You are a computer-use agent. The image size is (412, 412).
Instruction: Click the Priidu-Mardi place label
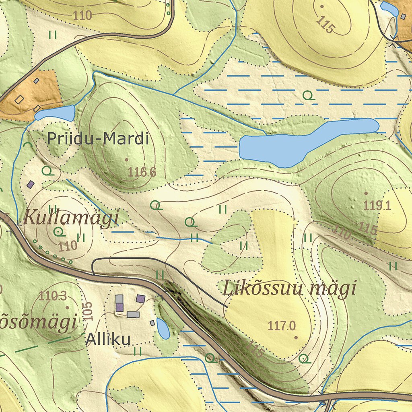pyautogui.click(x=98, y=139)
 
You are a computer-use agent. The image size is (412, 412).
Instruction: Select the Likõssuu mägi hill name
pyautogui.click(x=290, y=288)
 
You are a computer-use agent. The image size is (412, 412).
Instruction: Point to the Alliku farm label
pyautogui.click(x=108, y=340)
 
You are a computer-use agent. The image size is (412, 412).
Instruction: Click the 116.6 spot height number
pyautogui.click(x=142, y=172)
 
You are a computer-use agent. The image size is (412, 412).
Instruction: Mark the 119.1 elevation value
pyautogui.click(x=377, y=206)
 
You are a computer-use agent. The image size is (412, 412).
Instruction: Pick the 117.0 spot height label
pyautogui.click(x=282, y=325)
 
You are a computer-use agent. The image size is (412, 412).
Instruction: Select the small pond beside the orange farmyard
pyautogui.click(x=55, y=113)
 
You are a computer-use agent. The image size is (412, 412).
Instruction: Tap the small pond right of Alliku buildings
pyautogui.click(x=163, y=328)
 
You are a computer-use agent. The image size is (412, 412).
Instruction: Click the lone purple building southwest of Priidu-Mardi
pyautogui.click(x=31, y=184)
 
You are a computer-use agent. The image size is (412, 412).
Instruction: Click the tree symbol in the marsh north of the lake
pyautogui.click(x=308, y=95)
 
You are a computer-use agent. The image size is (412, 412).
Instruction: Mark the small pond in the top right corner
pyautogui.click(x=389, y=8)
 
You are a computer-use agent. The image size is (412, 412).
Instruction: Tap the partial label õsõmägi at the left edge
pyautogui.click(x=38, y=323)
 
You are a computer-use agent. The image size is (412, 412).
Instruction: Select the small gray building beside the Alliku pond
pyautogui.click(x=152, y=323)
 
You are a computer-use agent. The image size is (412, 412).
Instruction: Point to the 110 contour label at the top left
pyautogui.click(x=83, y=15)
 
